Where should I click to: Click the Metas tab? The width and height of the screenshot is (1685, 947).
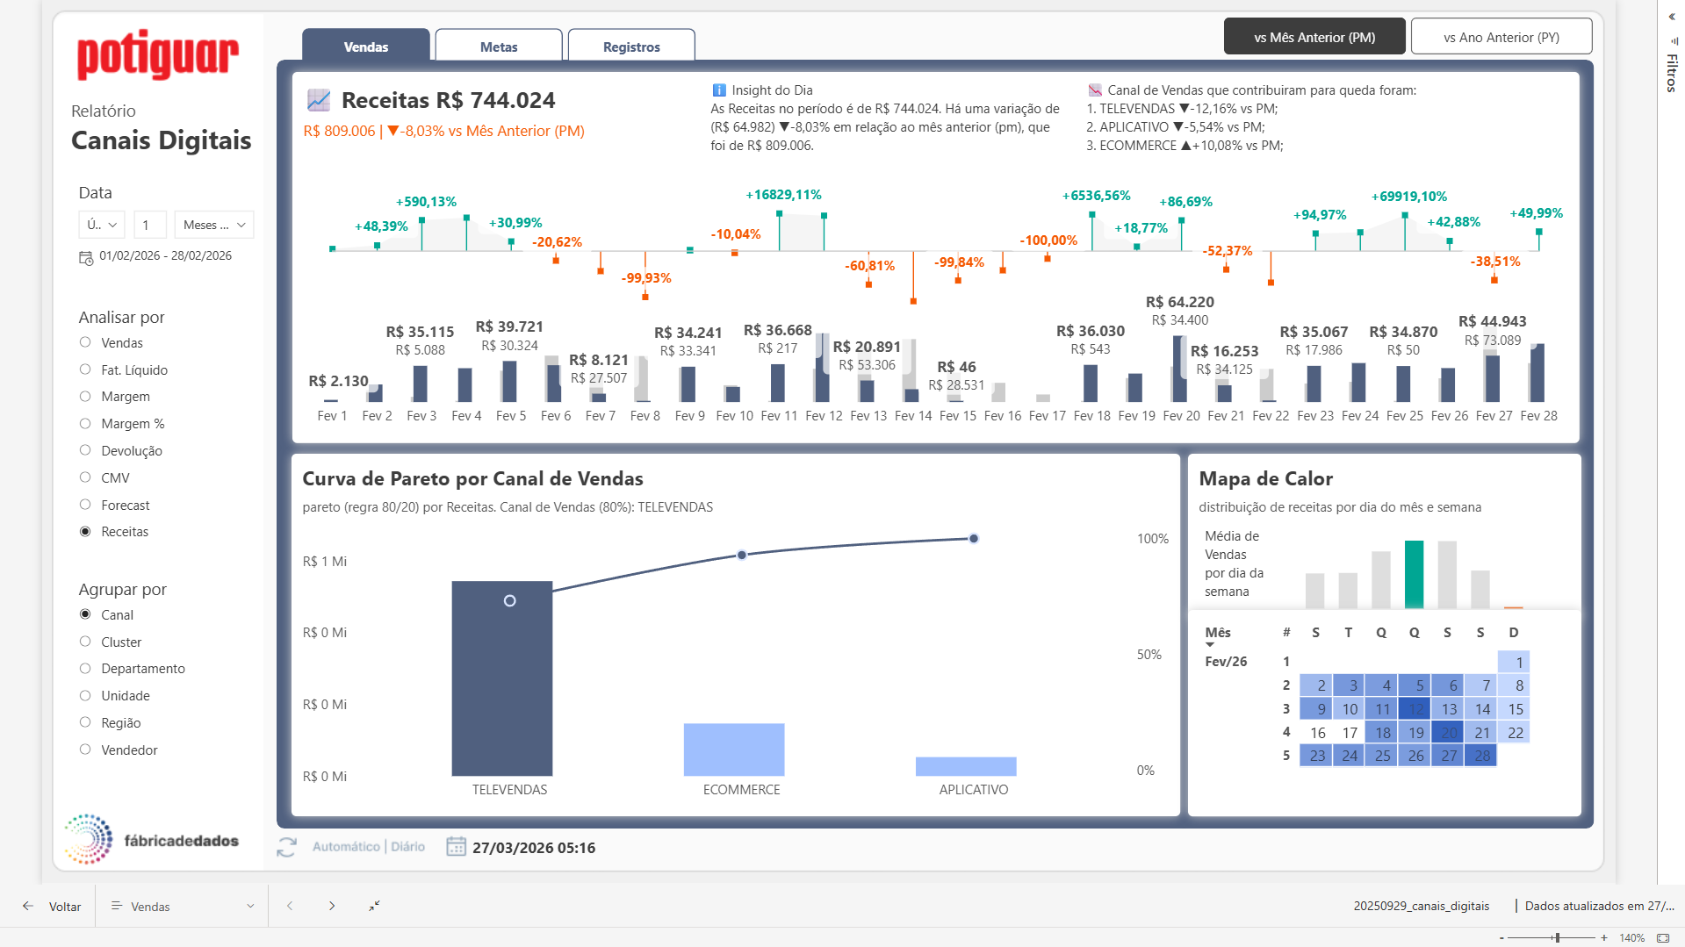point(499,47)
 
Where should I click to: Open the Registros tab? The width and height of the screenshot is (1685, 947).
point(631,47)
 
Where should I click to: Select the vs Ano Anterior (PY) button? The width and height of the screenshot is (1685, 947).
point(1501,37)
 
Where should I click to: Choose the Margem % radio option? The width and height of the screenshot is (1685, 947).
point(85,423)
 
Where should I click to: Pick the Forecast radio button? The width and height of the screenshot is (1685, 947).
point(85,505)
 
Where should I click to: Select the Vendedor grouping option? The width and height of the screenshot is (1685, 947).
point(85,750)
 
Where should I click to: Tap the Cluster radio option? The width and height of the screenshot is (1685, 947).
point(85,642)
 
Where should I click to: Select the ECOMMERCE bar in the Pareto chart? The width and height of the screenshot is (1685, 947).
point(734,750)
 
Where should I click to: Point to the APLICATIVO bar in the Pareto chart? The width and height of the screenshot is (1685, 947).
point(966,766)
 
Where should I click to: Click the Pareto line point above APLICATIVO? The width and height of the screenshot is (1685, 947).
point(974,538)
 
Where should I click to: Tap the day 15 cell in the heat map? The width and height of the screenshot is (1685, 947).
point(1515,709)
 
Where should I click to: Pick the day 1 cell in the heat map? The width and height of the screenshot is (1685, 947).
point(1515,663)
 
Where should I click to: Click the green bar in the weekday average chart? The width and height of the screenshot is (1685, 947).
point(1414,575)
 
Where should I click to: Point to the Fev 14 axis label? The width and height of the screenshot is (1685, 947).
point(913,416)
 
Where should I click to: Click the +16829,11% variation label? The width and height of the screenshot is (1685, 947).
point(783,195)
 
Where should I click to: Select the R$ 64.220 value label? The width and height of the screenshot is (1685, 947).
point(1179,302)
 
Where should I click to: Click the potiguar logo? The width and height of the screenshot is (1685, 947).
point(158,55)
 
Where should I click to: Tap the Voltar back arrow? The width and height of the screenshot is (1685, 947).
point(28,906)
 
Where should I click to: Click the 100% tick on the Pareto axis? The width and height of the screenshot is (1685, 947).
point(1152,539)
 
